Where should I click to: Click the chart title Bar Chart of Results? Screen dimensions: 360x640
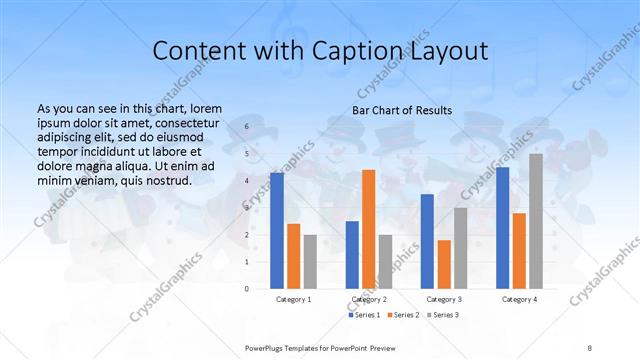click(402, 110)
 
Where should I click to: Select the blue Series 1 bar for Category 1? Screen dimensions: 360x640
click(277, 230)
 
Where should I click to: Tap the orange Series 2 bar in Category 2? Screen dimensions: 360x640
click(368, 228)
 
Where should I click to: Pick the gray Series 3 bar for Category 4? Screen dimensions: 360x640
click(536, 221)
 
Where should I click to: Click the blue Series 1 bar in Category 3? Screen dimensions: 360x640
click(427, 241)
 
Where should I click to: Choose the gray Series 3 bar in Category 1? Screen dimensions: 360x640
click(310, 261)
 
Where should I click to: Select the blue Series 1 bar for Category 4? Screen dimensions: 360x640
click(502, 227)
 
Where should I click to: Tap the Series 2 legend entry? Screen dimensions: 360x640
click(403, 315)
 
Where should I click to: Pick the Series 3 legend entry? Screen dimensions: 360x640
click(443, 315)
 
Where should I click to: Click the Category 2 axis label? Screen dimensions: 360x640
click(369, 299)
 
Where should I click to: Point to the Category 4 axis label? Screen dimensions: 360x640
click(519, 299)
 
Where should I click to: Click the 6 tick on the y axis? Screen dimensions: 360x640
click(246, 127)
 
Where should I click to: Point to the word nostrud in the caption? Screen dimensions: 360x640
click(163, 180)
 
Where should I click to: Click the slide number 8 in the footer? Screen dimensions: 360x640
click(590, 347)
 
